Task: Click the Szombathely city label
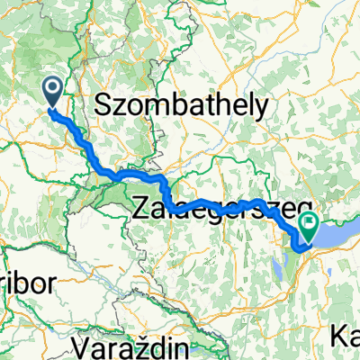pyautogui.click(x=180, y=105)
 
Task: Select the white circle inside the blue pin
pyautogui.click(x=52, y=88)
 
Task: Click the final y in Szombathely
pyautogui.click(x=260, y=109)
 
